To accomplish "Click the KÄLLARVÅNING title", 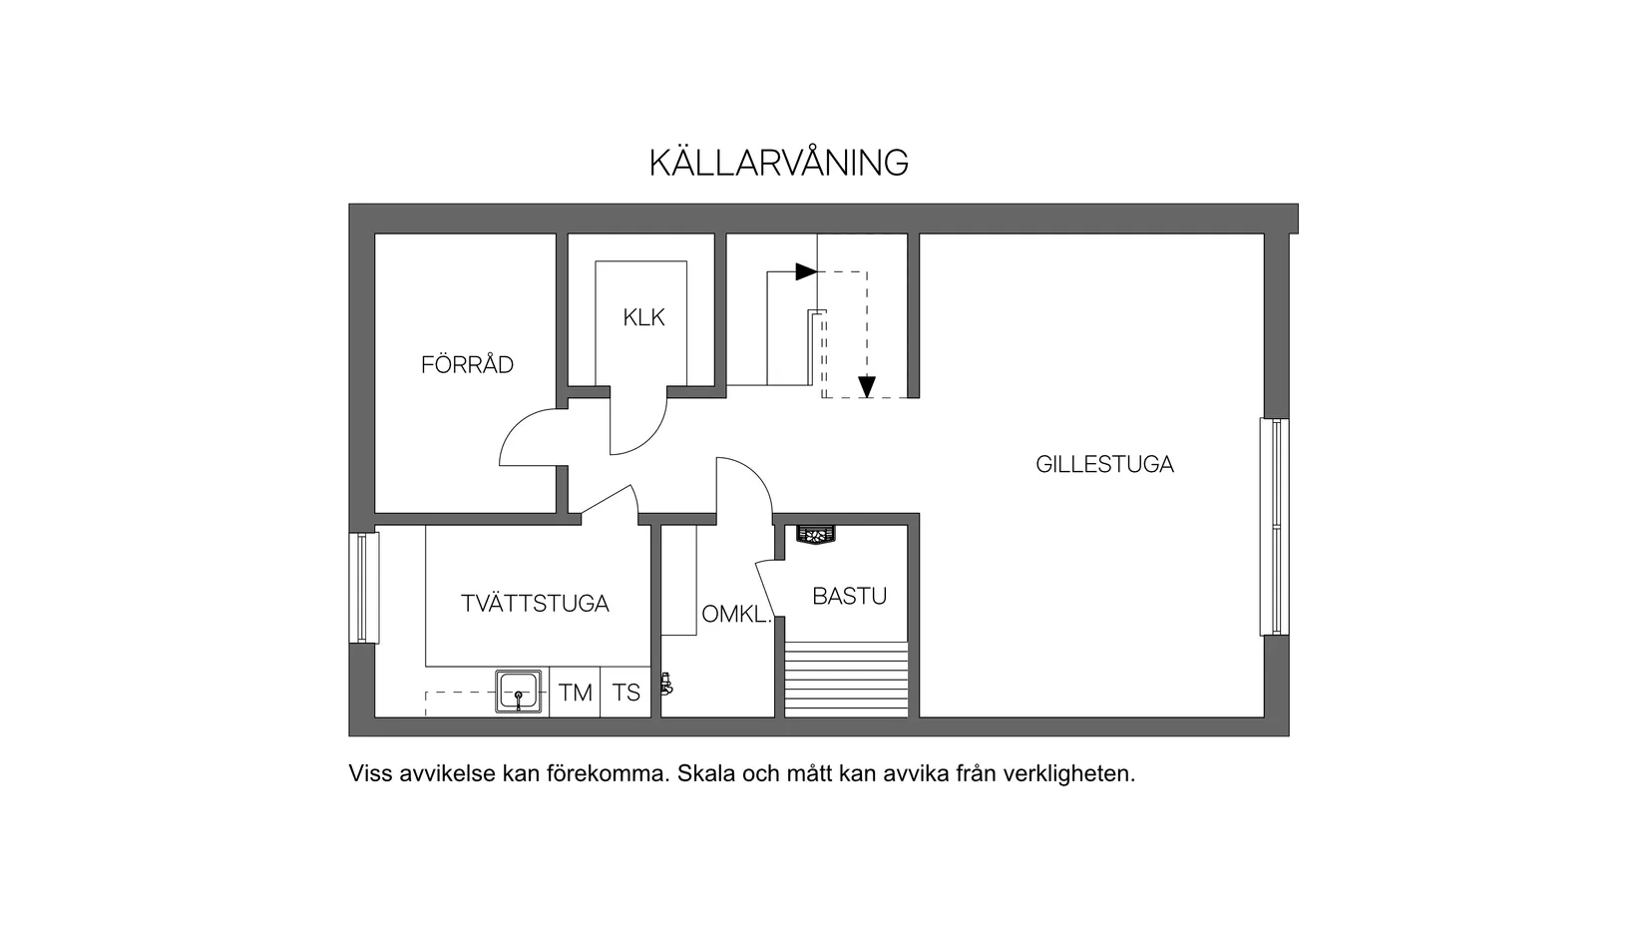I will coord(778,163).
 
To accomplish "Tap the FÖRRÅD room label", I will coord(467,365).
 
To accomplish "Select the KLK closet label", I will coord(643,318).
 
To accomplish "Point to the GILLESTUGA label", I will coord(1104,464).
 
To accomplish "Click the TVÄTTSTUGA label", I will coord(535,604).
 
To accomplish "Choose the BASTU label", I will coord(849,597).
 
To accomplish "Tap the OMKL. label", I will coord(736,615).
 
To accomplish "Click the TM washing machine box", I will coord(575,693).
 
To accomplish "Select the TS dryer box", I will coord(625,693).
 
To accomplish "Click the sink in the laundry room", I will coord(519,691).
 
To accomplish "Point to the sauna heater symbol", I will coord(816,536).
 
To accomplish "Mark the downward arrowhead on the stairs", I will coord(866,387).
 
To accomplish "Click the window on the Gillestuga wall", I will coord(1274,526).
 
